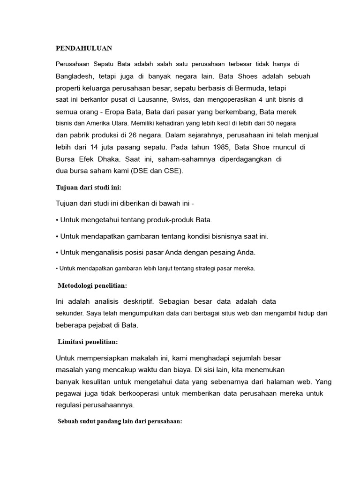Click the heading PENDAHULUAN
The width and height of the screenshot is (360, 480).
click(84, 48)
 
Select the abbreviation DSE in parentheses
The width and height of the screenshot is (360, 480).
click(142, 171)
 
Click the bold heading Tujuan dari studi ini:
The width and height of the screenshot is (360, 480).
click(89, 187)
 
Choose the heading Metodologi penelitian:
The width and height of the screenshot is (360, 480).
click(92, 285)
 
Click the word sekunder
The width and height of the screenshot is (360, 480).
click(69, 313)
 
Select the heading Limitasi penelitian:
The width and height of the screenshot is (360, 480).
click(88, 341)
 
